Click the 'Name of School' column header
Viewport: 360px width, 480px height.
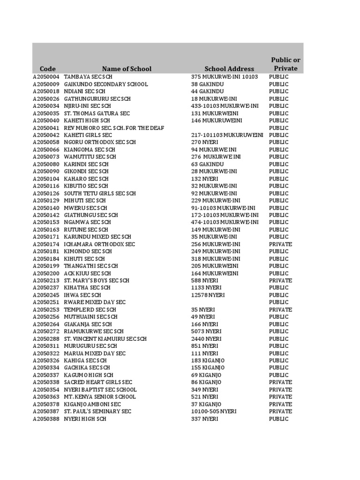click(127, 68)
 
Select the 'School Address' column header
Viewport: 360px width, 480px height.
click(229, 68)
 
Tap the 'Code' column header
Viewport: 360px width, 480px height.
click(48, 68)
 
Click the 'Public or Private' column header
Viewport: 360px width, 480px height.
click(285, 64)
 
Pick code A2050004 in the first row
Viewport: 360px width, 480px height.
click(46, 77)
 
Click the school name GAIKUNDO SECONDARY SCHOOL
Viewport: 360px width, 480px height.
click(105, 84)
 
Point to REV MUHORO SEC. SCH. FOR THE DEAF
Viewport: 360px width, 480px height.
click(114, 128)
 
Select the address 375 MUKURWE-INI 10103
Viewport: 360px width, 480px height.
click(225, 77)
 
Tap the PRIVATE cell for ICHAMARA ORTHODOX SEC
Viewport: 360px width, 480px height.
click(280, 244)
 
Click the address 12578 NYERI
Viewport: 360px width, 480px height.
click(208, 295)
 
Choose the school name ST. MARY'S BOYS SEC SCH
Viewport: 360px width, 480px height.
click(97, 281)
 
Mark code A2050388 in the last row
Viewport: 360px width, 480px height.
click(46, 419)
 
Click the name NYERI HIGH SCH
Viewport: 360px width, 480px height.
click(85, 419)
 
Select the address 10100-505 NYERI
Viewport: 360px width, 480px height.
click(214, 412)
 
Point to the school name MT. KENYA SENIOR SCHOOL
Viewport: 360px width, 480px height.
click(100, 397)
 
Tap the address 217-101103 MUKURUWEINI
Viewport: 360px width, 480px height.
click(227, 135)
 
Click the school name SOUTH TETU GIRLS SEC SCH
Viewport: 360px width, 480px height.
click(100, 193)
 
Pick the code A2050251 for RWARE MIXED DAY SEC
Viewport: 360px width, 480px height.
click(46, 302)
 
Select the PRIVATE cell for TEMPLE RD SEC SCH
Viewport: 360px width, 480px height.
click(280, 310)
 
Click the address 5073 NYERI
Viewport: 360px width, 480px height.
click(206, 331)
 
